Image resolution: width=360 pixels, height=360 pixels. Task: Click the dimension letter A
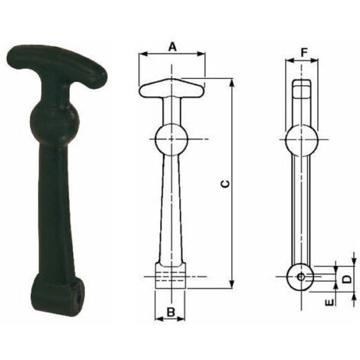point(173,47)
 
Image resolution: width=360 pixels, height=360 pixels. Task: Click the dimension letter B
point(171,312)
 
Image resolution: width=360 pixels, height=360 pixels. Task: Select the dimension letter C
point(224,184)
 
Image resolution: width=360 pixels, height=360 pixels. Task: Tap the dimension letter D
point(346,279)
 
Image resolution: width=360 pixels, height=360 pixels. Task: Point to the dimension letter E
point(330,303)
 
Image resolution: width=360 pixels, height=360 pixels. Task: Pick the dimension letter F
point(303,53)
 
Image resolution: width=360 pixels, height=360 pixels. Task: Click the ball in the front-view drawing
point(172,139)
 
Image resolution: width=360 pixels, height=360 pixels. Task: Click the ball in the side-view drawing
point(302,140)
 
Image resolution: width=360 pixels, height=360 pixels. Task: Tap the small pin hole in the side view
point(301,277)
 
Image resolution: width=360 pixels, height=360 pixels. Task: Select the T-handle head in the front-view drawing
point(172,88)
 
